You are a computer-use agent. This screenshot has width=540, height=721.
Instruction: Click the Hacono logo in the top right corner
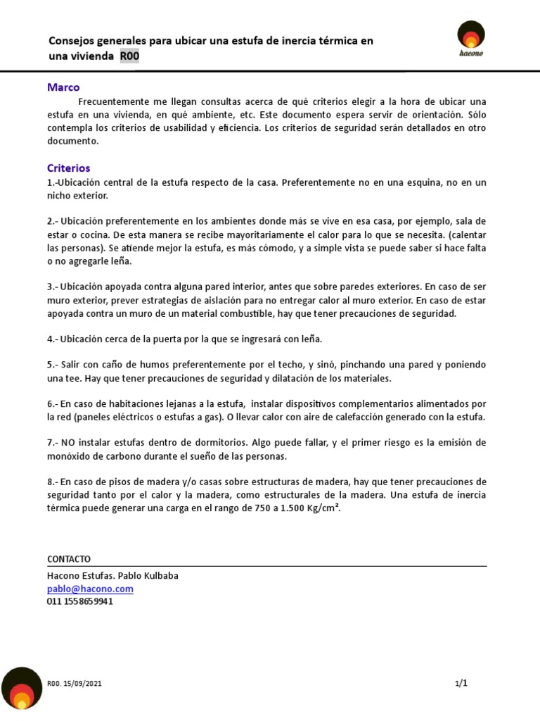point(471,40)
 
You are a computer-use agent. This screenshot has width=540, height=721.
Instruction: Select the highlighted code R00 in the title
point(129,56)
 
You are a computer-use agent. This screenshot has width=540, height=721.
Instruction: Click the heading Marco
point(63,87)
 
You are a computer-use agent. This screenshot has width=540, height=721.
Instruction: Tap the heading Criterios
point(68,168)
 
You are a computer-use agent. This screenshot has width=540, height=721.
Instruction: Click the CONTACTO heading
point(69,559)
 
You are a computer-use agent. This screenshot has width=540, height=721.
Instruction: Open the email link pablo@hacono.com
point(90,589)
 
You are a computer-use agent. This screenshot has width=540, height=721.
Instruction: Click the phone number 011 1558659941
point(80,601)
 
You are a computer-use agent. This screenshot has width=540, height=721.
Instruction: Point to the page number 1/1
point(461,683)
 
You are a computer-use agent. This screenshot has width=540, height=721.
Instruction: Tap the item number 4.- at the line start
point(52,339)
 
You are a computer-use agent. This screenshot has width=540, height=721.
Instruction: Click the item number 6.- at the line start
point(52,403)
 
